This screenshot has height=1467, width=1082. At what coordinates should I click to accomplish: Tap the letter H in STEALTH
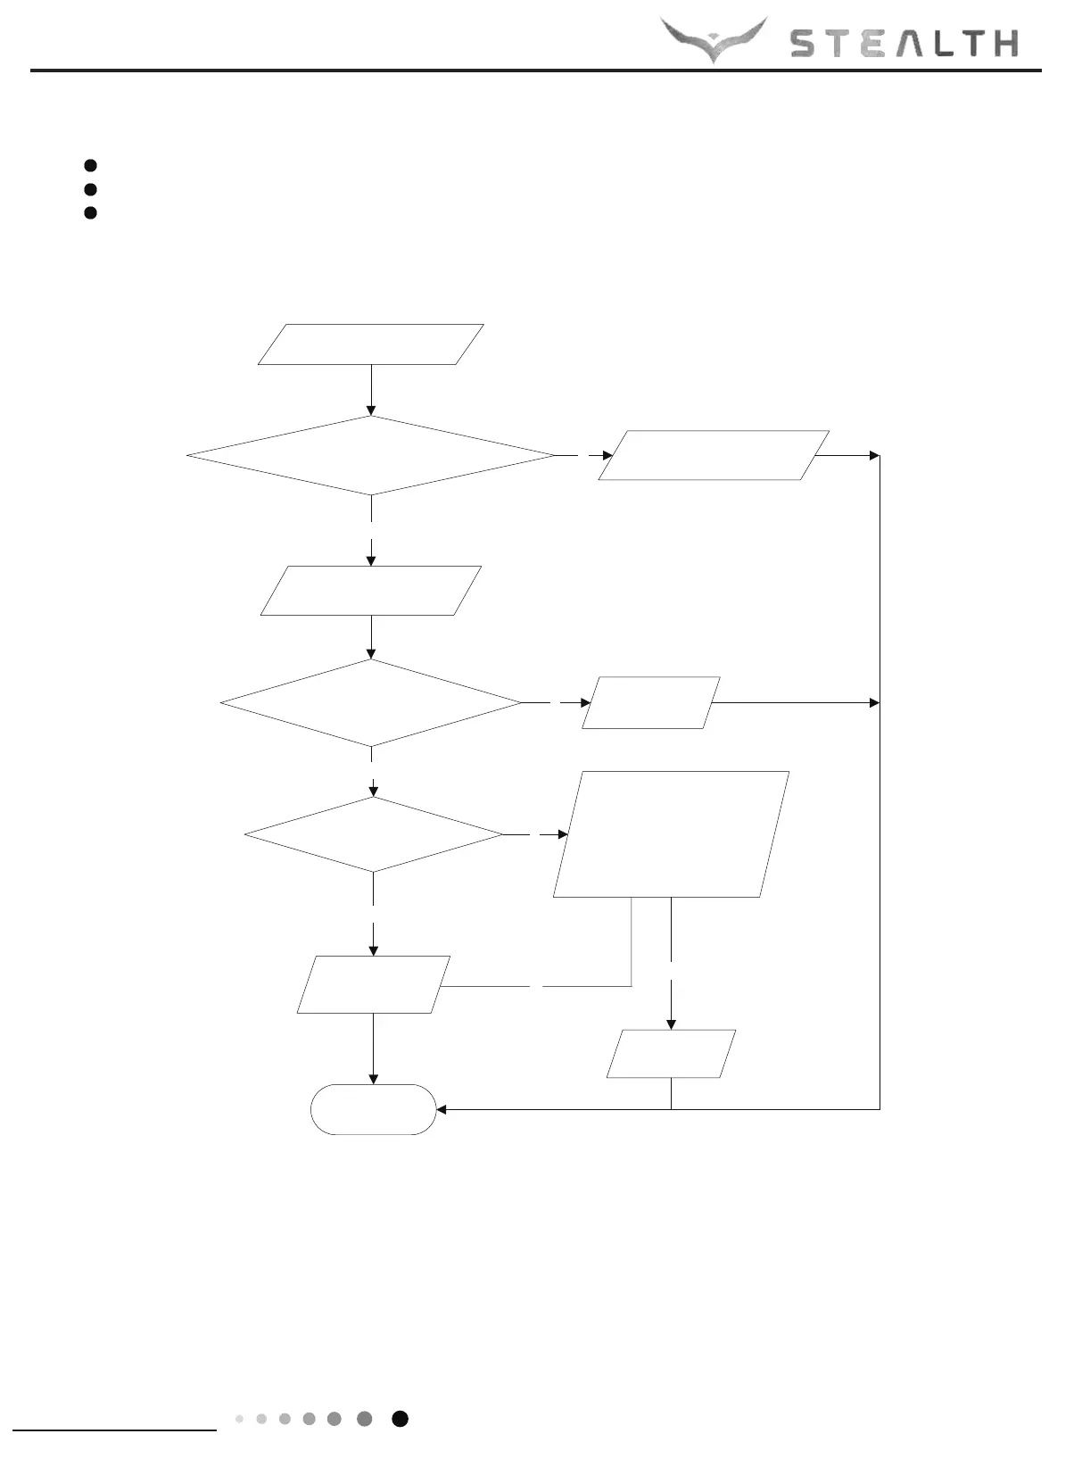[1004, 44]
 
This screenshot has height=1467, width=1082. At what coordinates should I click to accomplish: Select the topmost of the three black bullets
[90, 165]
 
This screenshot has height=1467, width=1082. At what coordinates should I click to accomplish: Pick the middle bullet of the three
[90, 189]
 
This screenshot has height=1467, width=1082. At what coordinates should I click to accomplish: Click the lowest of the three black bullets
[90, 212]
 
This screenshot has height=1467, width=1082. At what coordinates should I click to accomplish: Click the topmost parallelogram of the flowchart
[371, 344]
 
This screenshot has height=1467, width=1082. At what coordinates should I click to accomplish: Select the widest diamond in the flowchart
[371, 455]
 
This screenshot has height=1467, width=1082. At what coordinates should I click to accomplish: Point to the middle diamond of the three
[371, 702]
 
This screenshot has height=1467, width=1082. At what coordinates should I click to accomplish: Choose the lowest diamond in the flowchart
[374, 834]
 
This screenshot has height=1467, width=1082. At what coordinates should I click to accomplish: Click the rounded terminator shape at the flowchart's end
[373, 1109]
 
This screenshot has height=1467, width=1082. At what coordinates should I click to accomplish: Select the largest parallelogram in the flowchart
[671, 834]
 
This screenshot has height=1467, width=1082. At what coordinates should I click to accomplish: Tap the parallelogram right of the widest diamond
[714, 455]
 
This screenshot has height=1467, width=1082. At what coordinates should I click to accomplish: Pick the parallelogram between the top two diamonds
[371, 591]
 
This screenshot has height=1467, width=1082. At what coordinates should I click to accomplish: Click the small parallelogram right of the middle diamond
[650, 703]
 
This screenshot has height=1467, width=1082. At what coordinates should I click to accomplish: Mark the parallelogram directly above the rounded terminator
[373, 985]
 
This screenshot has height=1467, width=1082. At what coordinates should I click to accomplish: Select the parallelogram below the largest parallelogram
[671, 1054]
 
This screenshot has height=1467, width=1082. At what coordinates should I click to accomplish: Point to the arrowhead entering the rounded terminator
[441, 1109]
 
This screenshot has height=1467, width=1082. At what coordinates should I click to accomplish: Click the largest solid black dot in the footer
[401, 1419]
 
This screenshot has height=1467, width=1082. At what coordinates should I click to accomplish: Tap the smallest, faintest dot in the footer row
[239, 1419]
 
